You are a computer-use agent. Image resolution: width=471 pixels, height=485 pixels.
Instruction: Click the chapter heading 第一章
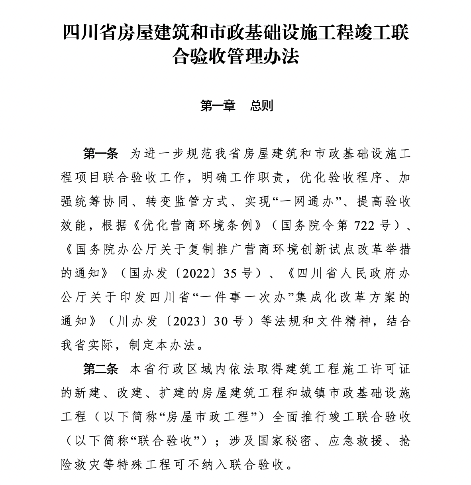pos(218,106)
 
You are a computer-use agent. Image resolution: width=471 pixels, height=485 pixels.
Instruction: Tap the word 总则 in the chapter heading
pos(262,106)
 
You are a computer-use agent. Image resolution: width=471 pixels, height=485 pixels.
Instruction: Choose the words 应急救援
pos(354,441)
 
